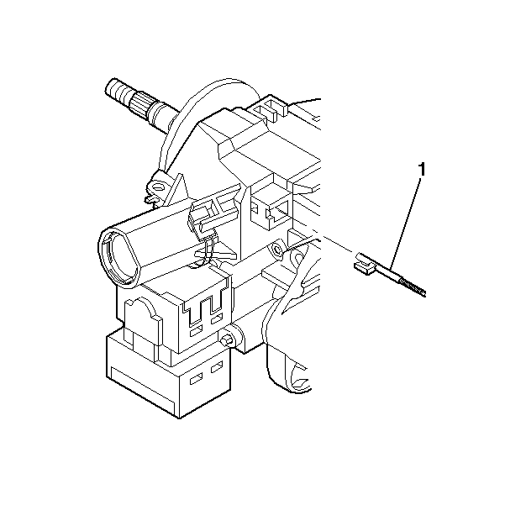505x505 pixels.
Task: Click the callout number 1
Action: coord(422,170)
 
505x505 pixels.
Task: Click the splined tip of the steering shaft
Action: coord(118,87)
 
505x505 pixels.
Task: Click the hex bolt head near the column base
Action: coord(227,340)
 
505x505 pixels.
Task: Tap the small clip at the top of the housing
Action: coord(271,104)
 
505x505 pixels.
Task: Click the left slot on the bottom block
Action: coord(195,381)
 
